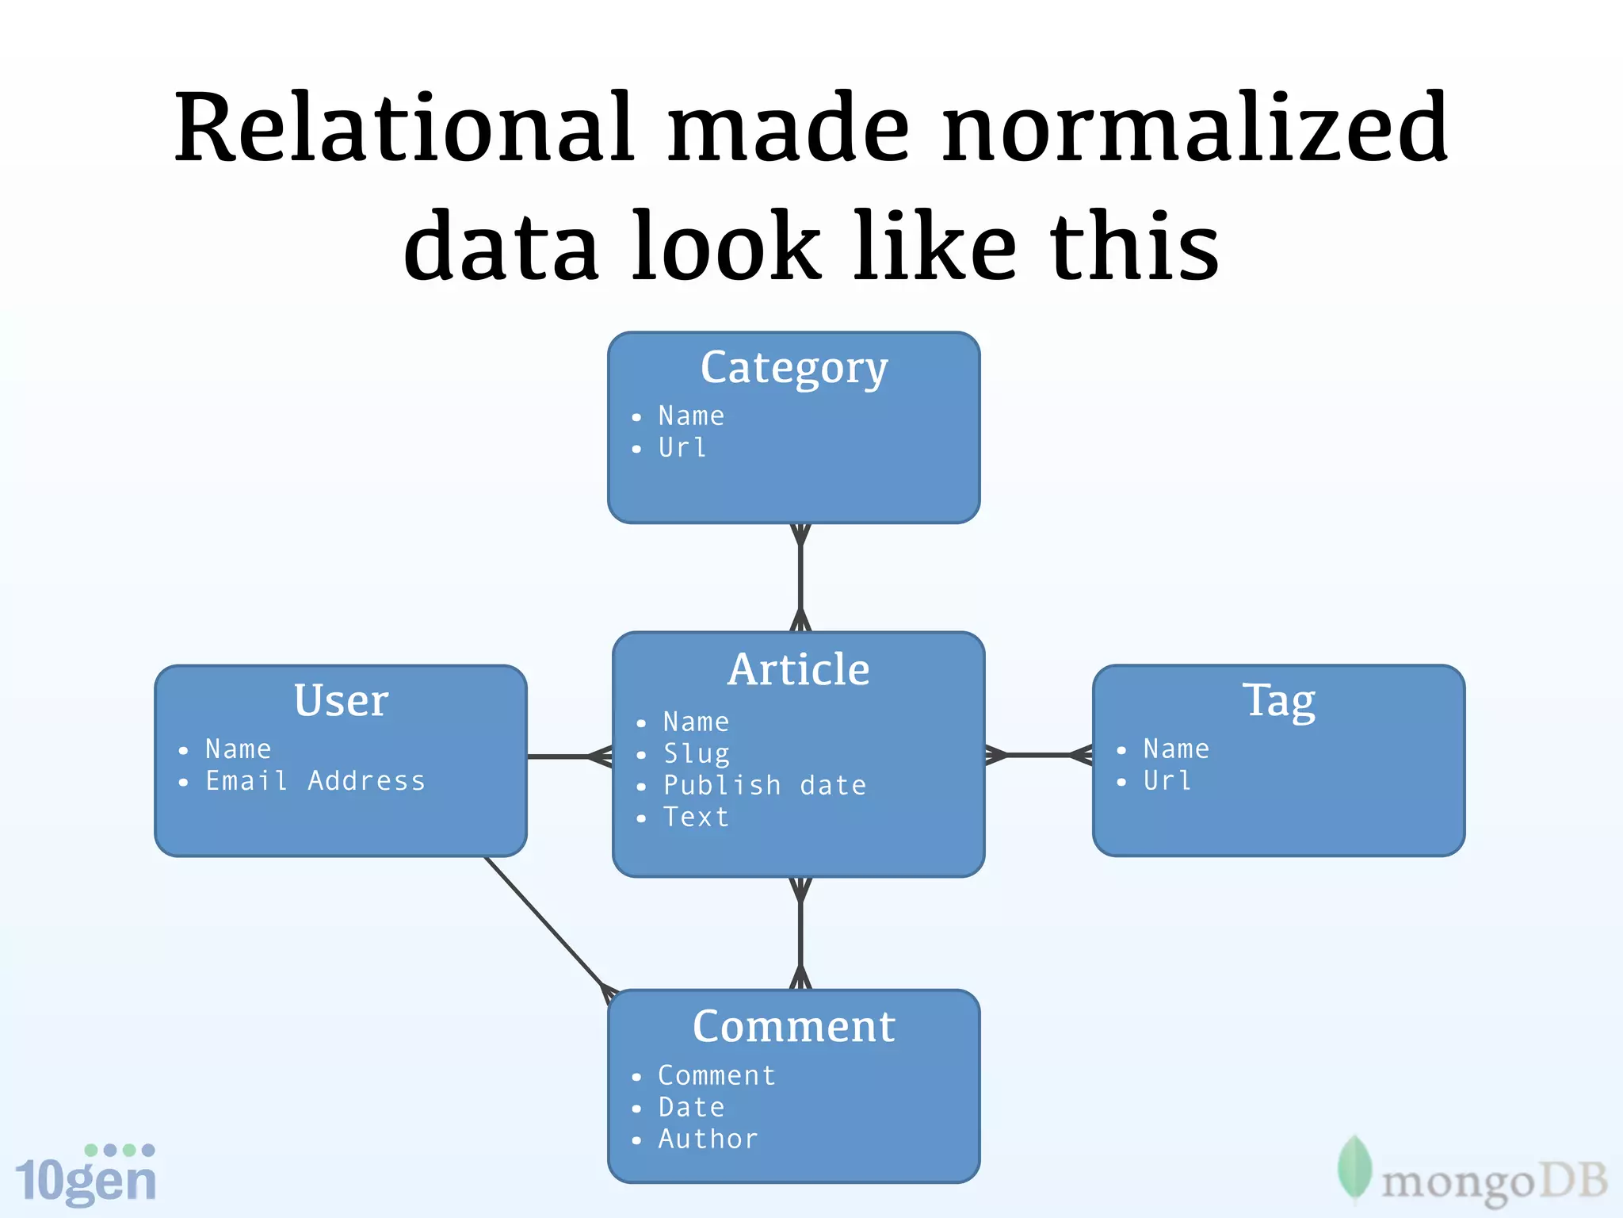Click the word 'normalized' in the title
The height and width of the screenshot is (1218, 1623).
[x=1195, y=128]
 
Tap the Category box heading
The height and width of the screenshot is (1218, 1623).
[x=794, y=369]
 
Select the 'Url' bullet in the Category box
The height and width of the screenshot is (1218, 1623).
[x=682, y=448]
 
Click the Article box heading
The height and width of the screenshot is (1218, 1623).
[x=798, y=669]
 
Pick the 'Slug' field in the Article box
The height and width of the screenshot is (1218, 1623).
[x=696, y=753]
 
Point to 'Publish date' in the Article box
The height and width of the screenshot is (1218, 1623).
[x=764, y=785]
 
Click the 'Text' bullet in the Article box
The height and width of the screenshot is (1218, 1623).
[x=696, y=817]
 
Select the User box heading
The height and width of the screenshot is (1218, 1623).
[x=341, y=700]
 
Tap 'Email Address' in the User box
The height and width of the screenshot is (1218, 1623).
[x=315, y=781]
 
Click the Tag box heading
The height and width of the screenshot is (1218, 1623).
[x=1278, y=700]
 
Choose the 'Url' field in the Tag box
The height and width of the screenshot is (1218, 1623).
[x=1167, y=781]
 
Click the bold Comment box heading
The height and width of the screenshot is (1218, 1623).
[x=794, y=1026]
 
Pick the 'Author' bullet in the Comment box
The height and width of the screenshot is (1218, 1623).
[x=708, y=1139]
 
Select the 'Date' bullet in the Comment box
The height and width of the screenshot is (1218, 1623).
[x=691, y=1107]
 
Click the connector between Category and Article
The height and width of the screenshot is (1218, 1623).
[x=800, y=577]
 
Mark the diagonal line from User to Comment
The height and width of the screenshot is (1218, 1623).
[x=545, y=925]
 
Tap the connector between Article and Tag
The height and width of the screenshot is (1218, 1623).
[x=1038, y=755]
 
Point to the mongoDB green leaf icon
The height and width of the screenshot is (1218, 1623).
[x=1354, y=1169]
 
